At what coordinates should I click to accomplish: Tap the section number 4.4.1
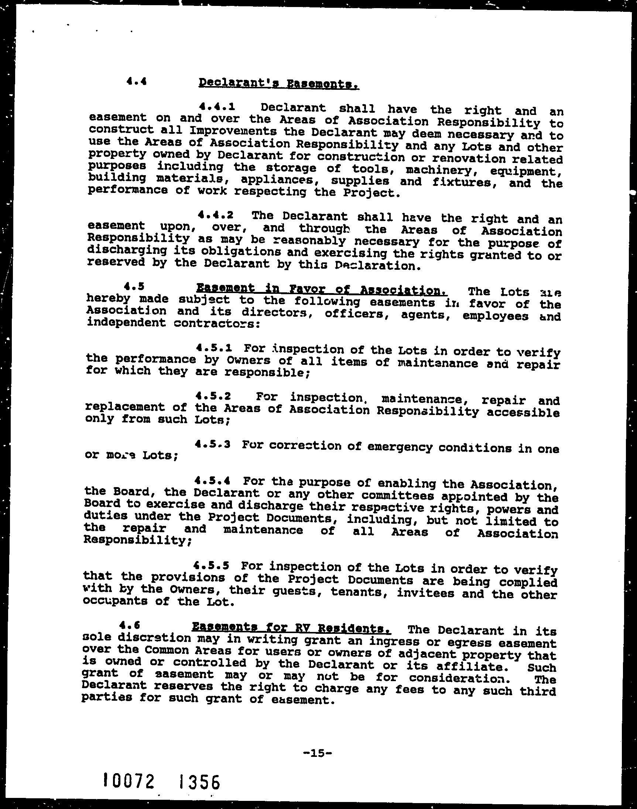point(218,107)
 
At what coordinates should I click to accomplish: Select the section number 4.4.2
point(216,215)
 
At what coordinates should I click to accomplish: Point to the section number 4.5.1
point(214,348)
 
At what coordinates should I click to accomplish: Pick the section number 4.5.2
point(213,395)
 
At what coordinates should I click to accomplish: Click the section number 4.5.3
point(213,444)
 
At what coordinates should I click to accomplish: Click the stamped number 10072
point(129,780)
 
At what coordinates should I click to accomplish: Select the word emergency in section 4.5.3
point(400,447)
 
